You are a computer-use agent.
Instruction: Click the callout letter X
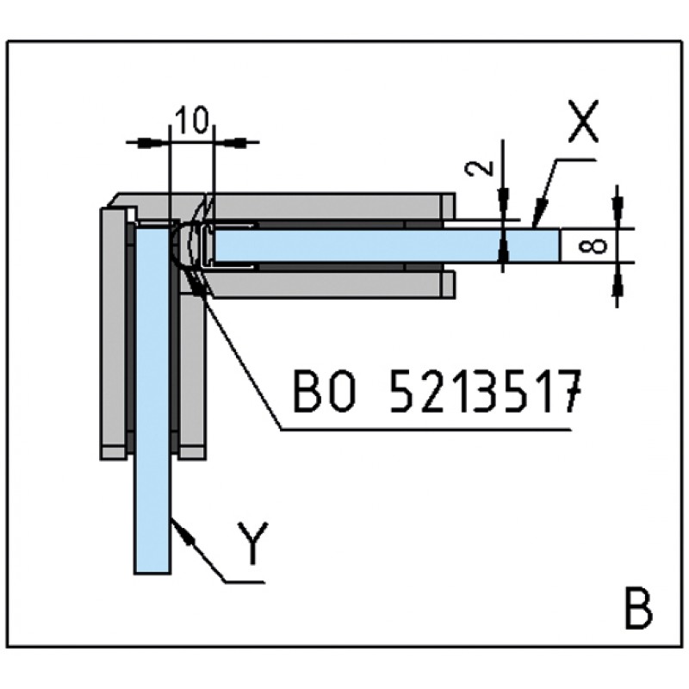point(582,123)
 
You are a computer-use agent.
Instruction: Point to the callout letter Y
point(251,545)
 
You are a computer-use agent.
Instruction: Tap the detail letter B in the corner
point(636,611)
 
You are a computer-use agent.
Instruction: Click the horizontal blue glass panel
point(379,245)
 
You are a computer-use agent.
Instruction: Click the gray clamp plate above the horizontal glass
point(327,206)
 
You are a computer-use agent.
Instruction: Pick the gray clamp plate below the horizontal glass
point(327,284)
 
